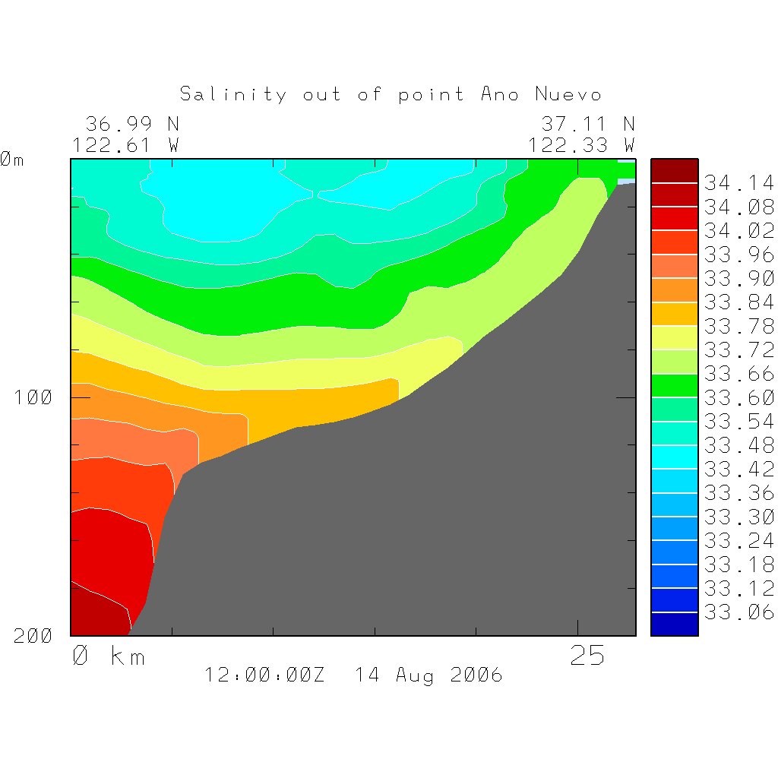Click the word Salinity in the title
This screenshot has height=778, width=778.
[x=233, y=94]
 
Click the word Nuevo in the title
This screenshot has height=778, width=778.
[x=568, y=94]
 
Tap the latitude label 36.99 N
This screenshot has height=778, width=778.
[x=131, y=123]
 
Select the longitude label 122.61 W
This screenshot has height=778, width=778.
[x=125, y=144]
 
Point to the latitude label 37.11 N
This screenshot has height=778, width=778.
[x=587, y=123]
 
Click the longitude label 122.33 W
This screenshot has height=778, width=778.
[x=581, y=144]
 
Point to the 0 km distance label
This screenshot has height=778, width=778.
[x=109, y=656]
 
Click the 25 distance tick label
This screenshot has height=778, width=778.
[x=587, y=656]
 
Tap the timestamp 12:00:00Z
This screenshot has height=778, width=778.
[x=264, y=675]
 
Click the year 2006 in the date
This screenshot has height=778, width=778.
[x=476, y=675]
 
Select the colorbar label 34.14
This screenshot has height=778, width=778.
[x=738, y=183]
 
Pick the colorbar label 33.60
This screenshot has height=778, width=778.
[x=738, y=397]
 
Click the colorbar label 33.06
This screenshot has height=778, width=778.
[x=738, y=612]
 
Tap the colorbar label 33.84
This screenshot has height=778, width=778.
[x=738, y=302]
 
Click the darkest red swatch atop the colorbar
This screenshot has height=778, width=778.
[x=675, y=171]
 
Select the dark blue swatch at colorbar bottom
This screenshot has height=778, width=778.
[x=675, y=624]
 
